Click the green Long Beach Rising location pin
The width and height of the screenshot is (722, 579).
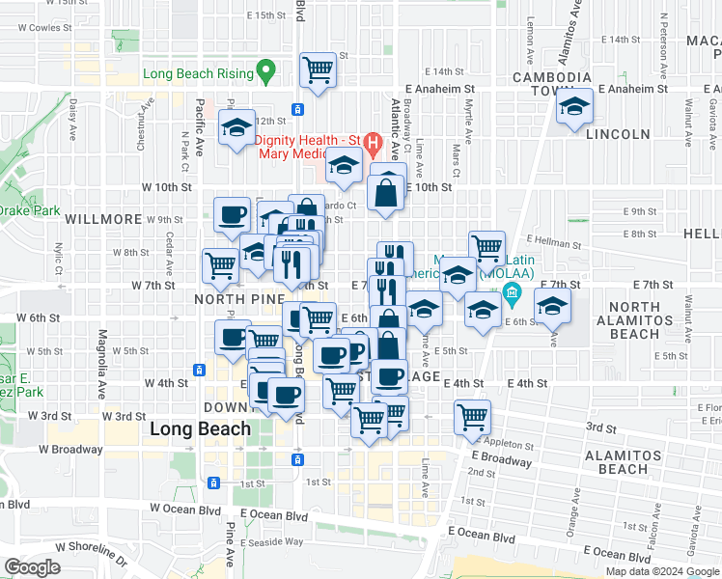[267, 71]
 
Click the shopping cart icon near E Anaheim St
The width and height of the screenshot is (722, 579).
[318, 69]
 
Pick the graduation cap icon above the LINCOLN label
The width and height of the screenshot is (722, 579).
[574, 107]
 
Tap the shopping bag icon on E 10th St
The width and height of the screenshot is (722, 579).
[387, 191]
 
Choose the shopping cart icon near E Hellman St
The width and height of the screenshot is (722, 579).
[487, 248]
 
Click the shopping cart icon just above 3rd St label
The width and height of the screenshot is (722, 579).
[472, 417]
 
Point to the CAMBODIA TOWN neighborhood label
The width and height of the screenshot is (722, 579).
[565, 85]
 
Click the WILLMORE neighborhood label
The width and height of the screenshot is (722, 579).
[103, 219]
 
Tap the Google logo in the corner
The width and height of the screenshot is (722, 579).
[32, 566]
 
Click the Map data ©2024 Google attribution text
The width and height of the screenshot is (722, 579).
[662, 571]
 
